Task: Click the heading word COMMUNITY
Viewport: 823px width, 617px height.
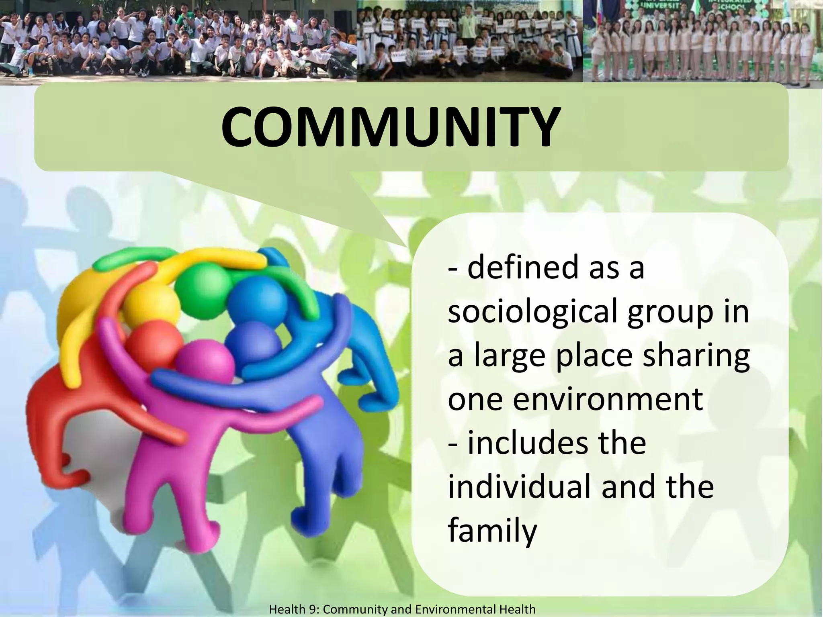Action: pyautogui.click(x=390, y=127)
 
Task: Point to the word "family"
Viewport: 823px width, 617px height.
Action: pyautogui.click(x=492, y=531)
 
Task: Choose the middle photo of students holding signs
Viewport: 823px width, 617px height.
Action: pyautogui.click(x=469, y=40)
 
